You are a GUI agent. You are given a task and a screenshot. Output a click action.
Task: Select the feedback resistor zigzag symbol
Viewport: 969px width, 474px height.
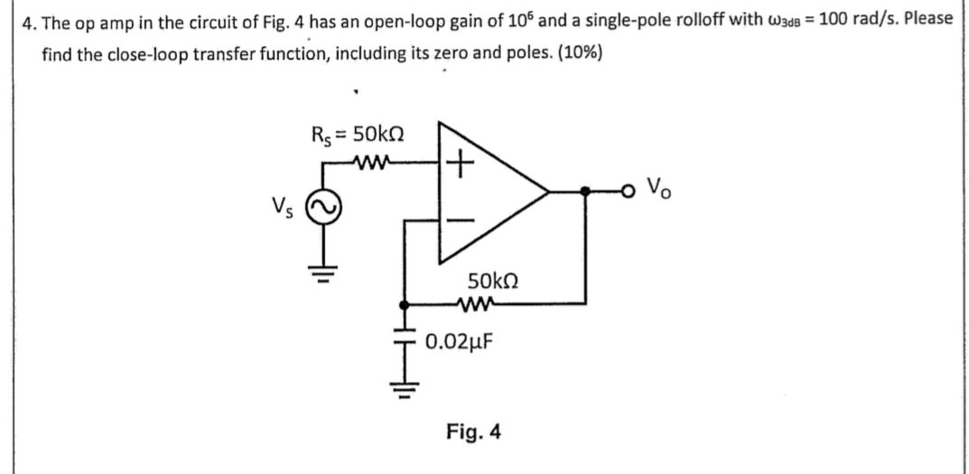coord(480,303)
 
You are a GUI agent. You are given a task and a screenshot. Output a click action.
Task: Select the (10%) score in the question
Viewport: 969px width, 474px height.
coord(580,51)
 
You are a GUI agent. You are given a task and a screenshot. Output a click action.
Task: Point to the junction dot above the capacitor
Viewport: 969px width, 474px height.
coord(405,304)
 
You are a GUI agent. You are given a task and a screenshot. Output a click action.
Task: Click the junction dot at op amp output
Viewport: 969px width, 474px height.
coord(587,191)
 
